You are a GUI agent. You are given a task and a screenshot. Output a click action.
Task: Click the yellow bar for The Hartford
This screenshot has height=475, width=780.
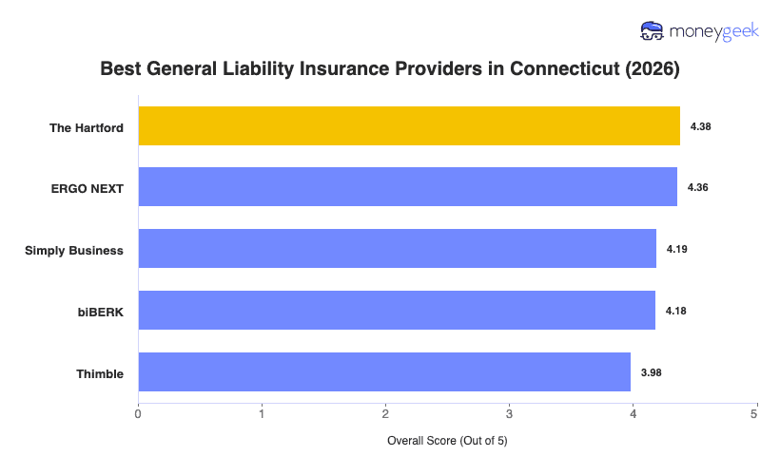pos(409,126)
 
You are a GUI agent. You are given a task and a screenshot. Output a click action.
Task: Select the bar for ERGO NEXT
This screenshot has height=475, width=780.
pos(407,187)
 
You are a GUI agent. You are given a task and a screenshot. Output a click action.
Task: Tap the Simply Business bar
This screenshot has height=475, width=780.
pos(397,249)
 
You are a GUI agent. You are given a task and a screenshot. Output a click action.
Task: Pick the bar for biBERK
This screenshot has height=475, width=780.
pos(397,311)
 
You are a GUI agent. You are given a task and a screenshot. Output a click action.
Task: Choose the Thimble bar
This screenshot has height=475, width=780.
pos(384,372)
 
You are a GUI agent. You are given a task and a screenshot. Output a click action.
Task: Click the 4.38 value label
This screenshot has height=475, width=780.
pos(700,126)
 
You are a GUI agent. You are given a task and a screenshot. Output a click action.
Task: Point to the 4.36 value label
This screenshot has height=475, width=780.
pos(697,187)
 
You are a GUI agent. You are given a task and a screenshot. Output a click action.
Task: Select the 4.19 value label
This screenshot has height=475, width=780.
pos(676,249)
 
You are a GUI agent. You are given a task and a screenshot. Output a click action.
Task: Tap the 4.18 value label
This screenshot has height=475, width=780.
pos(675,311)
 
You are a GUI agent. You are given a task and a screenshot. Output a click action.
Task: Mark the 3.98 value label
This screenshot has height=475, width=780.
pos(651,372)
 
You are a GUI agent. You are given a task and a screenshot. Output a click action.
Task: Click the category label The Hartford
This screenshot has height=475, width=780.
pos(87,127)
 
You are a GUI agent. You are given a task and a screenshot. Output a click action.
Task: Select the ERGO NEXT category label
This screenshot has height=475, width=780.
pos(88,188)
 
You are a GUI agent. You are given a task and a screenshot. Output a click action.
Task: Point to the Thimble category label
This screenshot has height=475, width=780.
pos(100,373)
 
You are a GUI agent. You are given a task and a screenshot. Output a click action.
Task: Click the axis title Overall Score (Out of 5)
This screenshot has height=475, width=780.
pos(447,442)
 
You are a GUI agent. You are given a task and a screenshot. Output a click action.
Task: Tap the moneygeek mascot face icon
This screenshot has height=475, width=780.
pos(653,31)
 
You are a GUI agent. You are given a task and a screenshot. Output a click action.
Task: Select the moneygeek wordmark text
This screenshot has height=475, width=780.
pos(713,31)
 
